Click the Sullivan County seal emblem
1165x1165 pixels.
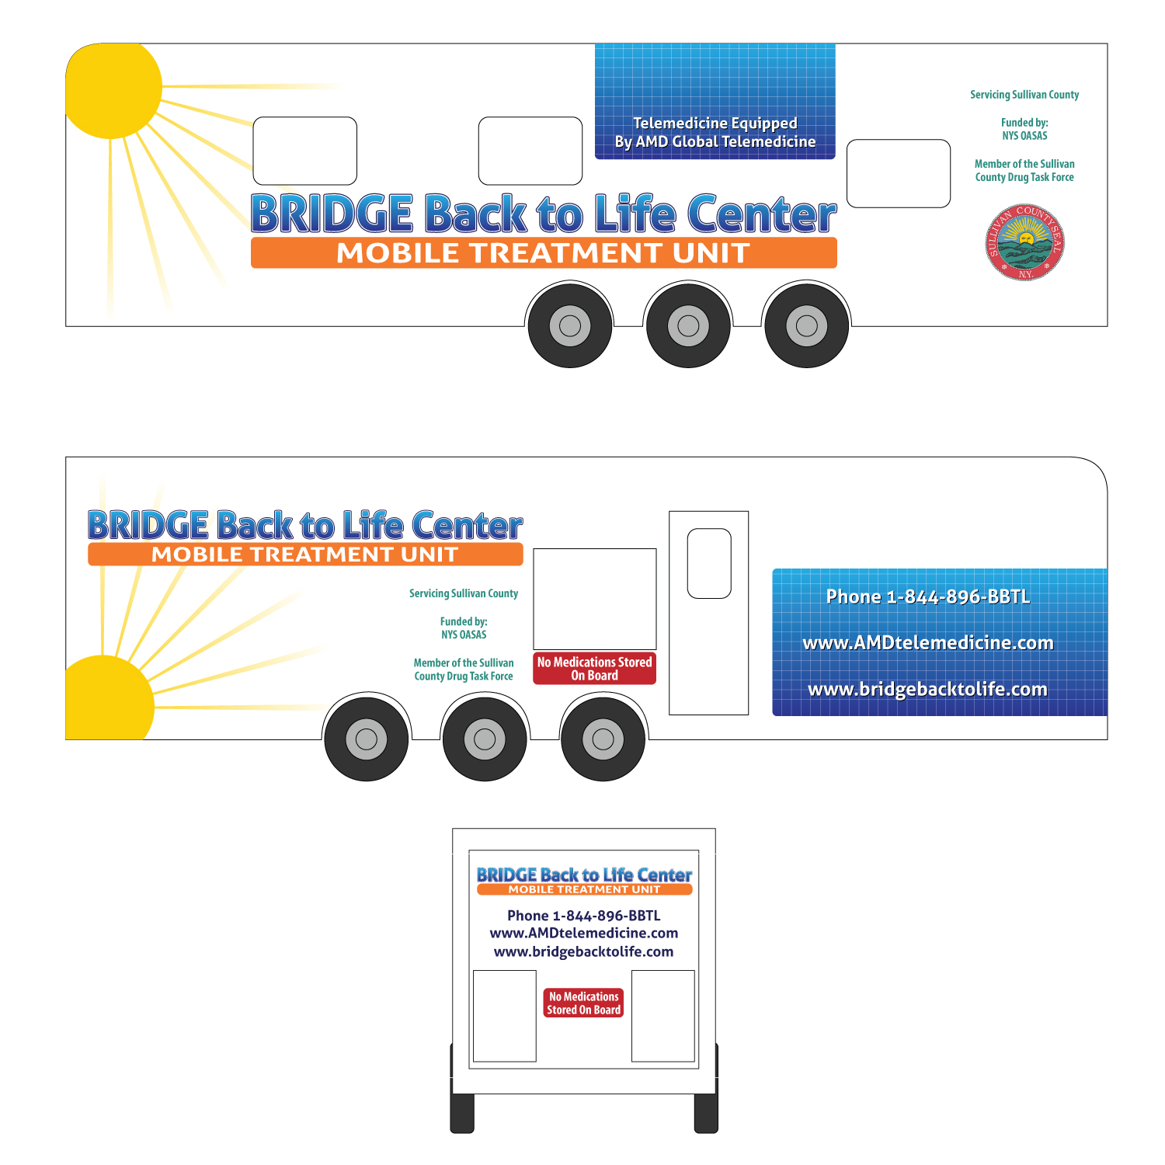(1024, 242)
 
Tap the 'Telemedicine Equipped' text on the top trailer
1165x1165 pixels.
(715, 123)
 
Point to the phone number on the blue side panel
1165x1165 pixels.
(927, 596)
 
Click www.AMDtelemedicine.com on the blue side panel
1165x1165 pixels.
(927, 643)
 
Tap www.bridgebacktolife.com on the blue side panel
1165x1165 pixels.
(927, 690)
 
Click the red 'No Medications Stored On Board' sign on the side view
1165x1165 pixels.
(594, 669)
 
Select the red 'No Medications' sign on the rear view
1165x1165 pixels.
(583, 1003)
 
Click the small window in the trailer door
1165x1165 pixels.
(709, 563)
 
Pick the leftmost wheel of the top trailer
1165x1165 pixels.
(570, 325)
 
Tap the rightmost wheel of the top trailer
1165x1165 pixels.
(806, 325)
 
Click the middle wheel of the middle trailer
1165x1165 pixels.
(485, 739)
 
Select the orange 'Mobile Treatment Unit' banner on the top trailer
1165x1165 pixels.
(544, 253)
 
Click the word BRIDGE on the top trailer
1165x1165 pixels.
(332, 214)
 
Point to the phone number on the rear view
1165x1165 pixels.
(583, 916)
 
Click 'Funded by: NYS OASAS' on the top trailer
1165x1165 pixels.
(1024, 129)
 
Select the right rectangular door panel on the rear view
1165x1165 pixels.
(662, 1015)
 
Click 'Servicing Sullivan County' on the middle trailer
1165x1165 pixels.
(464, 593)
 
